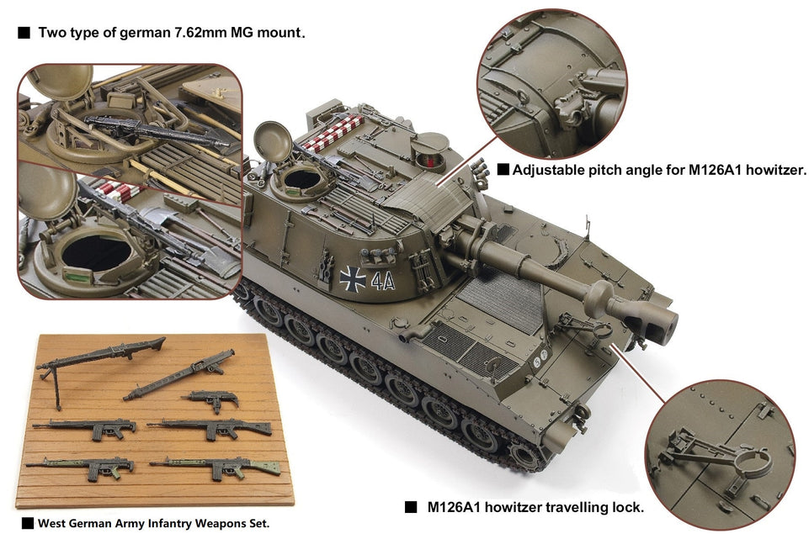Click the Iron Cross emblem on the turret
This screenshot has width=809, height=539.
[353, 279]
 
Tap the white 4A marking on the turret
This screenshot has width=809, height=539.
[383, 281]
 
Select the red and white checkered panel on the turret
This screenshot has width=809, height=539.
[333, 133]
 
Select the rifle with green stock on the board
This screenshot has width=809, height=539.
[216, 467]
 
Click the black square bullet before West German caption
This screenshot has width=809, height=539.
[27, 523]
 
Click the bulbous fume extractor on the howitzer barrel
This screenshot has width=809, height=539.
[599, 299]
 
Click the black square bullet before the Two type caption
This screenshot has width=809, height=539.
[24, 33]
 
